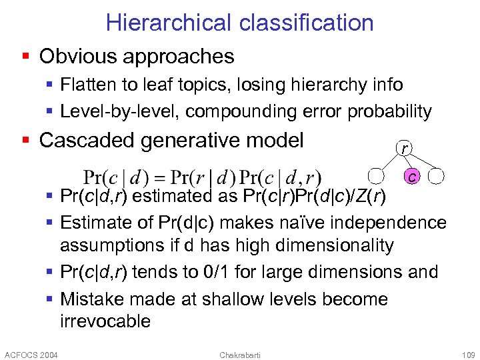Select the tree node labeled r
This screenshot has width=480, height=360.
tap(404, 148)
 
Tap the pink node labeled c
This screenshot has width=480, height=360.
tap(413, 177)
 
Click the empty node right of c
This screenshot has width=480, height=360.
tap(437, 177)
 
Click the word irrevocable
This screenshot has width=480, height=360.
tap(105, 321)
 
